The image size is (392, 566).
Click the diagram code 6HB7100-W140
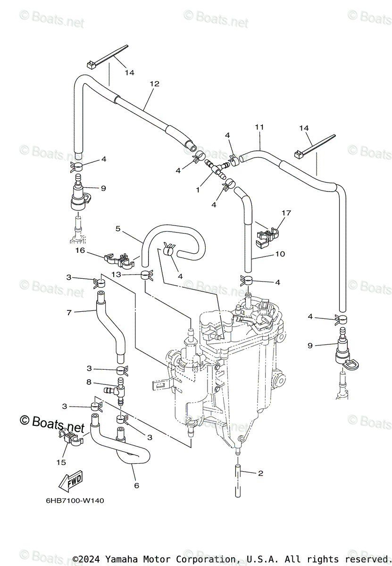[75, 500]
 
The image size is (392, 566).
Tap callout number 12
[154, 83]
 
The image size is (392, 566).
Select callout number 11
[259, 127]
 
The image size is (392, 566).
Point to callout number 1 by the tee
[198, 190]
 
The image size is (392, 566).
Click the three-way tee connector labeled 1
[215, 168]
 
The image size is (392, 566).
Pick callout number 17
[286, 213]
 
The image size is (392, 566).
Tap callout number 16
[80, 250]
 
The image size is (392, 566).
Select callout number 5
[118, 229]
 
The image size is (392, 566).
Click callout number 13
[117, 274]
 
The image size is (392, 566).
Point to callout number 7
[69, 313]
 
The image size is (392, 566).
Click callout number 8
[89, 382]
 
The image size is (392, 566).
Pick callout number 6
[136, 485]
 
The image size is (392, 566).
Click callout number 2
[260, 473]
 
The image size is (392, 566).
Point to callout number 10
[280, 254]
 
